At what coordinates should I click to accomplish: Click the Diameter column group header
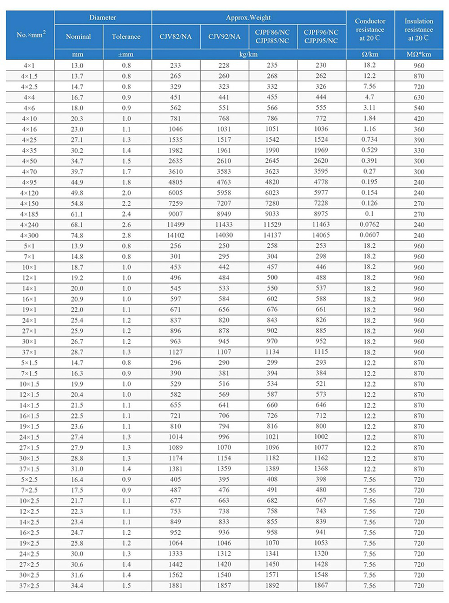tap(103, 18)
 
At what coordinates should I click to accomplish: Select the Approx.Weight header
tap(249, 18)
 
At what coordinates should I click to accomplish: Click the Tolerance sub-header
tap(126, 37)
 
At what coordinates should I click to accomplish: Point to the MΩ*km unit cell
tap(419, 55)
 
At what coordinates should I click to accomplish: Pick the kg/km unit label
tap(249, 55)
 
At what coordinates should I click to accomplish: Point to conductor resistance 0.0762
tap(370, 224)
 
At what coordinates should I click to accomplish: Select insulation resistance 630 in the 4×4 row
tap(419, 97)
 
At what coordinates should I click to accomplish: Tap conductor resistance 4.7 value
tap(370, 97)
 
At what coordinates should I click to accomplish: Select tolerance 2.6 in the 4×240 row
tap(126, 224)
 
